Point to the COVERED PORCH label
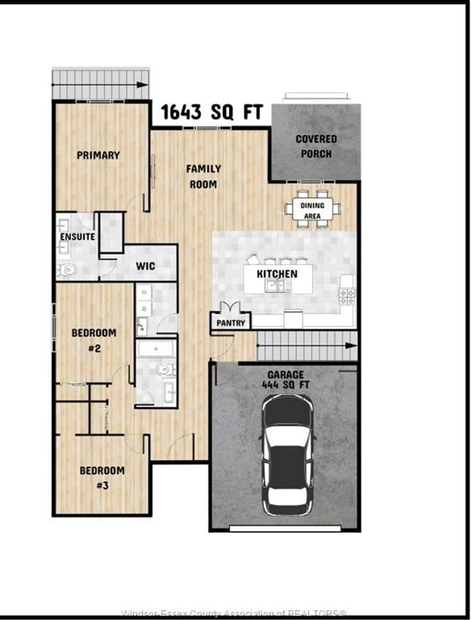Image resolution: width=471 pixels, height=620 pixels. pos(316,146)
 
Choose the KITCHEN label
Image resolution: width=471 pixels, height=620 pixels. pos(277,274)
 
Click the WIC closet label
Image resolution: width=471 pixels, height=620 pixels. pos(145,266)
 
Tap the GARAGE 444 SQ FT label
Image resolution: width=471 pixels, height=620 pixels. pos(285,380)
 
